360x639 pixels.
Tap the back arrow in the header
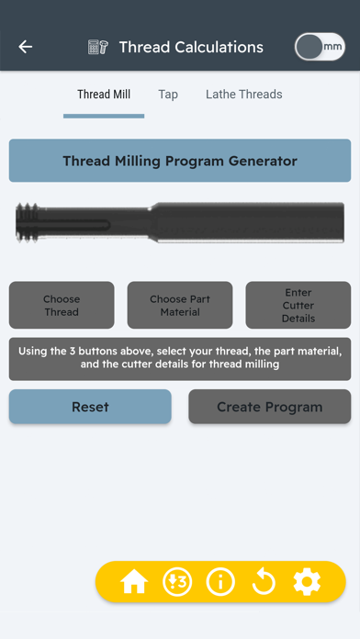tap(25, 47)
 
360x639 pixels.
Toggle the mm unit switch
tap(319, 47)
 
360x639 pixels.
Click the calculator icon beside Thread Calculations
tap(98, 47)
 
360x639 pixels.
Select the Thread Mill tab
tap(104, 95)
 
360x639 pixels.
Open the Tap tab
tap(168, 95)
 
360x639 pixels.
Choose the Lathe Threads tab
tap(243, 95)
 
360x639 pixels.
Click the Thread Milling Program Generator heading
tap(180, 161)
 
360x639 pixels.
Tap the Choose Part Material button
tap(180, 305)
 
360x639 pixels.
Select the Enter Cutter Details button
tap(298, 305)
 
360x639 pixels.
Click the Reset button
tap(90, 407)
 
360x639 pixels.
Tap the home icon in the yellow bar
tap(134, 581)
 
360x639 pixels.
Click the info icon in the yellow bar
tap(220, 581)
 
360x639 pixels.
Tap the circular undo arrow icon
tap(264, 581)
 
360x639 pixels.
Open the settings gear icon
tap(307, 581)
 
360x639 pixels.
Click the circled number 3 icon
tap(177, 581)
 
